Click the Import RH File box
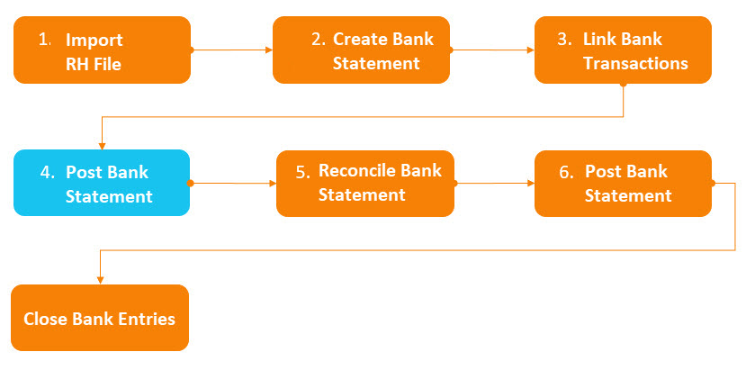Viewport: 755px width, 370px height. (102, 50)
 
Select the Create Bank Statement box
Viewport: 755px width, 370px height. (361, 50)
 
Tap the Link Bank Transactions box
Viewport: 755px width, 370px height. (623, 50)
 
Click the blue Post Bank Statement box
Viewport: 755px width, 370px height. (102, 183)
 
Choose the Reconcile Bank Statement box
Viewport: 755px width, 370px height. (365, 184)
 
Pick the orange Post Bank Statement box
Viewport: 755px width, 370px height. (623, 184)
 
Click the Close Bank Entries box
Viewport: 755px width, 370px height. (100, 318)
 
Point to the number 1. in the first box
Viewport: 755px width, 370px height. (45, 40)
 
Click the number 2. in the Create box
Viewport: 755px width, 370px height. (319, 40)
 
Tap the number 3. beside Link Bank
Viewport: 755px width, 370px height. (565, 40)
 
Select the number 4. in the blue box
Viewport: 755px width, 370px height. (48, 173)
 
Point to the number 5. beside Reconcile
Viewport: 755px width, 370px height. (303, 172)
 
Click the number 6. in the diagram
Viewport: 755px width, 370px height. (567, 172)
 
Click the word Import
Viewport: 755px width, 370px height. (94, 41)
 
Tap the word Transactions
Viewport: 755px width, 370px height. (635, 64)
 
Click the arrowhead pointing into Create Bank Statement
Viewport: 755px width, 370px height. (269, 50)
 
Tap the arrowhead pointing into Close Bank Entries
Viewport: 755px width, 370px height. (100, 280)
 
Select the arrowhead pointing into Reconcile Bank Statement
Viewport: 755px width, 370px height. (273, 184)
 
